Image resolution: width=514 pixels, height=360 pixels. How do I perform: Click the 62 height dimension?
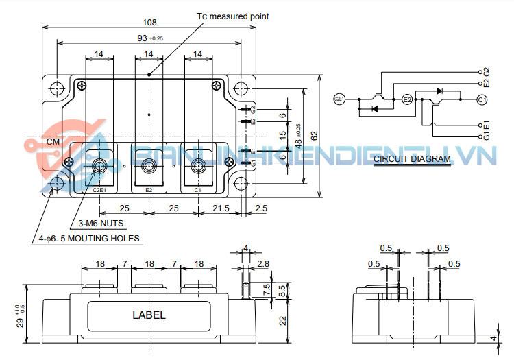click(x=313, y=136)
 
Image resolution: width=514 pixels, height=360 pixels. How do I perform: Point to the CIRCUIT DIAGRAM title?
click(x=412, y=159)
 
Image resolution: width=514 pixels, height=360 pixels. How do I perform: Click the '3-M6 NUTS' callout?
click(x=101, y=223)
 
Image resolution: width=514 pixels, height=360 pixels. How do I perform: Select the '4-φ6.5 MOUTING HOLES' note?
click(x=89, y=239)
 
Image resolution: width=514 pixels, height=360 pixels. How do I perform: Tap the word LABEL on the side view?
click(x=148, y=315)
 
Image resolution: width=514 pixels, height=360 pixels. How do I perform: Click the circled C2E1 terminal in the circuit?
click(x=339, y=99)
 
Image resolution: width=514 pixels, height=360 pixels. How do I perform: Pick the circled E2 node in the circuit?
click(x=406, y=99)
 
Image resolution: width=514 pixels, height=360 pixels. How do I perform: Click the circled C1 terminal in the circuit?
click(x=482, y=99)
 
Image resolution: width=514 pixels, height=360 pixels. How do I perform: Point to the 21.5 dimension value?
click(x=221, y=207)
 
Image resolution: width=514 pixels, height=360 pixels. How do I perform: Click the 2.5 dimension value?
click(x=260, y=207)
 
